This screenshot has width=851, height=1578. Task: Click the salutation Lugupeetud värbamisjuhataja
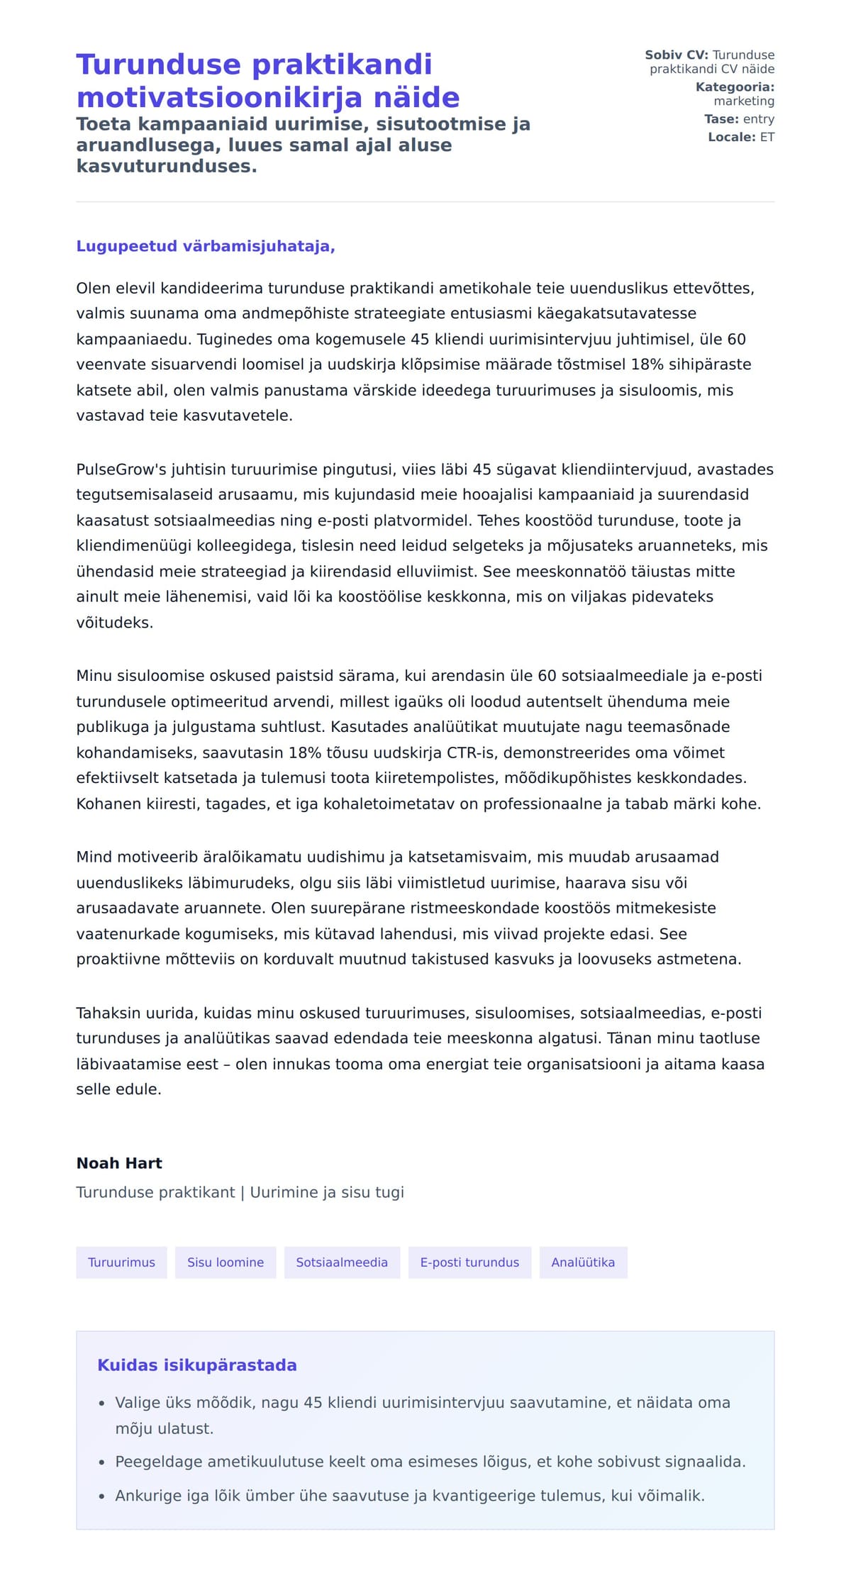[205, 246]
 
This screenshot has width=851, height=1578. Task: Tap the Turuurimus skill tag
[121, 1262]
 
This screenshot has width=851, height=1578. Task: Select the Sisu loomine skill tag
[226, 1262]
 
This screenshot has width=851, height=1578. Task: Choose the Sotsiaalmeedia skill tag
[342, 1262]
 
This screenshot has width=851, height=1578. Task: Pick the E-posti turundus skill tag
[469, 1262]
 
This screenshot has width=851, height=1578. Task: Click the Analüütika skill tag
[583, 1262]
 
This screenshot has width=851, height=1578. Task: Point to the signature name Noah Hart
[119, 1163]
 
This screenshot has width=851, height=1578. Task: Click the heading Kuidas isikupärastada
[196, 1365]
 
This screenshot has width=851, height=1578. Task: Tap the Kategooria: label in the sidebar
[735, 87]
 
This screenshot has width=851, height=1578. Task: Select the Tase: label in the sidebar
[721, 119]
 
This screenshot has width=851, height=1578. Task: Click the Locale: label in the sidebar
[731, 137]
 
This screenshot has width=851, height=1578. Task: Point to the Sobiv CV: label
[676, 55]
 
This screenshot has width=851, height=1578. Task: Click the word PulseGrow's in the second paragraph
[118, 469]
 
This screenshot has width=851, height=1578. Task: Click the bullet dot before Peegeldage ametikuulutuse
[101, 1462]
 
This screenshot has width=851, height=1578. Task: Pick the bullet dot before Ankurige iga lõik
[101, 1496]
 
